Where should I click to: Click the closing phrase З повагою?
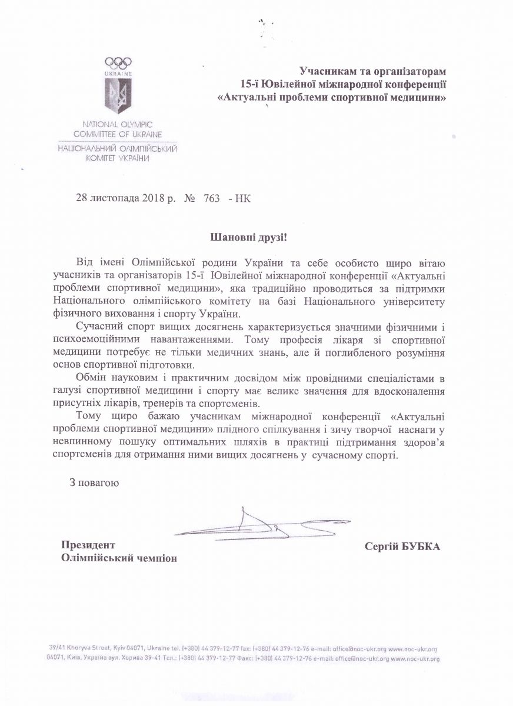[x=94, y=483]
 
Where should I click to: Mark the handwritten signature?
[x=253, y=523]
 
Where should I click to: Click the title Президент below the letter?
[x=88, y=545]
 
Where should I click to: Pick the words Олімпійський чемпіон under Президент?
[x=118, y=558]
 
